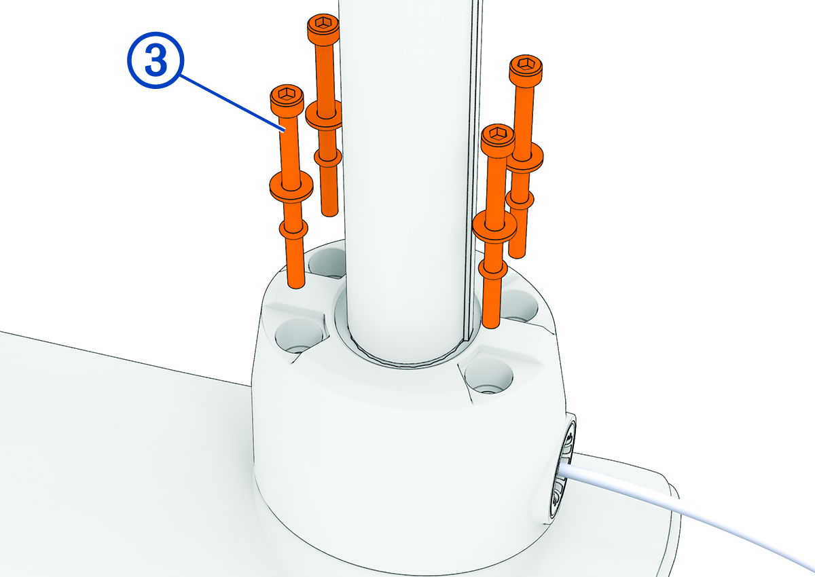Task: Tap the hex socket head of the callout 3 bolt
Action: coord(287,97)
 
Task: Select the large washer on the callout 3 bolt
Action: coord(291,185)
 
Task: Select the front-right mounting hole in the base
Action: coord(488,377)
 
